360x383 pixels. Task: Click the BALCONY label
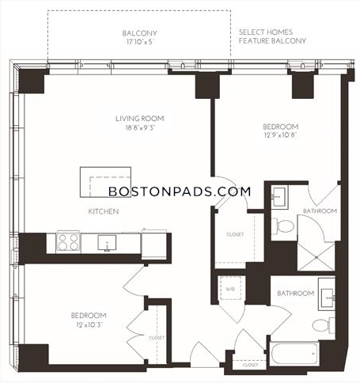click(x=139, y=33)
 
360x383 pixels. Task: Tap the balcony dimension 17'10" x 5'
click(x=139, y=42)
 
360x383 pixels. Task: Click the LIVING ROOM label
click(x=140, y=119)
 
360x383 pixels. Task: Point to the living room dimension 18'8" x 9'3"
click(x=140, y=128)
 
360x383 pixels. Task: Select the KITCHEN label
click(x=104, y=211)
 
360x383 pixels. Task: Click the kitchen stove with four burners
click(x=69, y=242)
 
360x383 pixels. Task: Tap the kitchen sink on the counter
click(x=107, y=242)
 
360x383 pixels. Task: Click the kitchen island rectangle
click(x=105, y=182)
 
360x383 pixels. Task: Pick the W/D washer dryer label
click(x=230, y=289)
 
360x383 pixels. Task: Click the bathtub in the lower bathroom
click(x=294, y=354)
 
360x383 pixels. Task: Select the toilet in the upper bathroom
click(x=282, y=226)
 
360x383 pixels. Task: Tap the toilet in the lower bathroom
click(x=324, y=325)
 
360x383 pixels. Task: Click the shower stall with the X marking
click(x=316, y=256)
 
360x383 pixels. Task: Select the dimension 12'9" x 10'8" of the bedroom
click(x=281, y=135)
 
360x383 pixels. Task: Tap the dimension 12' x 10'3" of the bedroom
click(x=89, y=324)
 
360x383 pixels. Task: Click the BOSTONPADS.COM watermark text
click(x=180, y=191)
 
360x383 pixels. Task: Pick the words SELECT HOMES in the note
click(x=266, y=32)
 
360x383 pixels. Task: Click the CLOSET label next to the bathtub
click(x=250, y=365)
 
